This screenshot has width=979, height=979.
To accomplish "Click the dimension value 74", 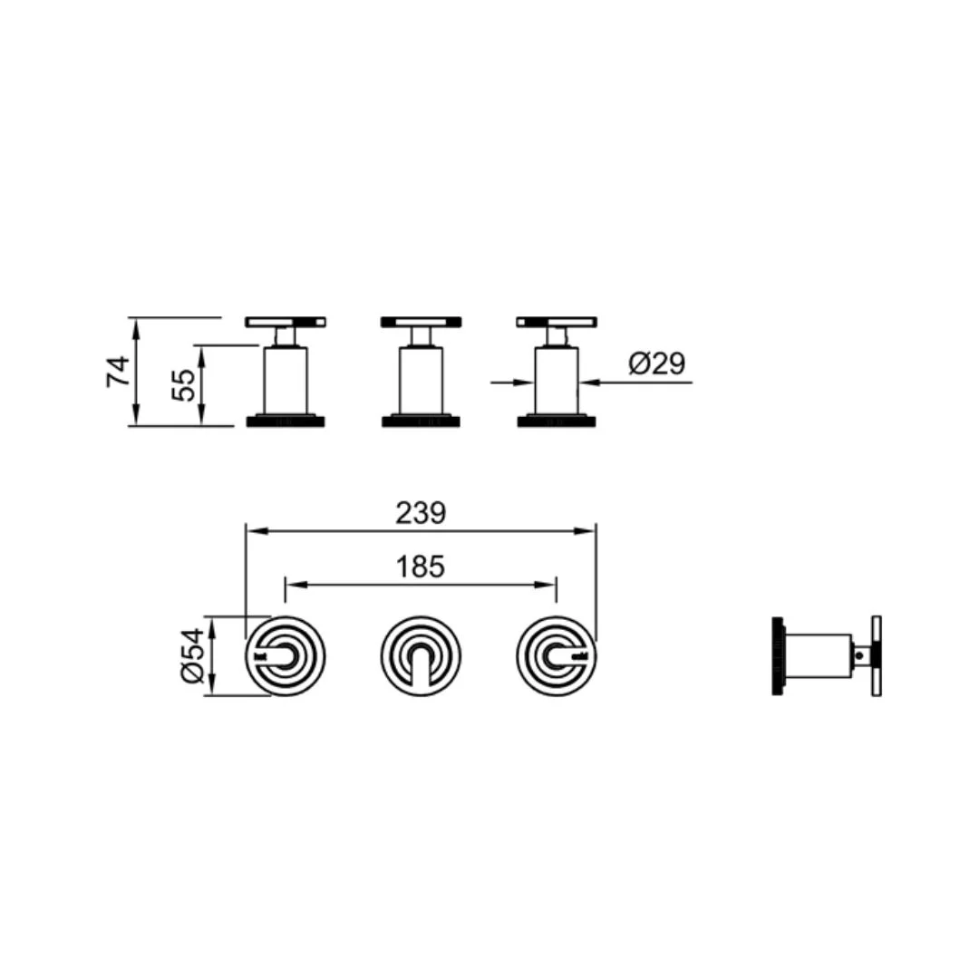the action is (118, 372).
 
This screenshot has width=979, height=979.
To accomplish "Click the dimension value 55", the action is (184, 385).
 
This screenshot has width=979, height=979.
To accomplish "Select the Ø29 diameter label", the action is (657, 363).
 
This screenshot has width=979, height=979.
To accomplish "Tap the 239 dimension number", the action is (421, 514).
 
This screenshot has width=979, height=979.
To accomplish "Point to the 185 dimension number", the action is (421, 567).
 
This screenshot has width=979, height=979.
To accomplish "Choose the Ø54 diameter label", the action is (193, 655).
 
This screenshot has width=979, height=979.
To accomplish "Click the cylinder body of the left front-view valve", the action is (286, 380).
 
